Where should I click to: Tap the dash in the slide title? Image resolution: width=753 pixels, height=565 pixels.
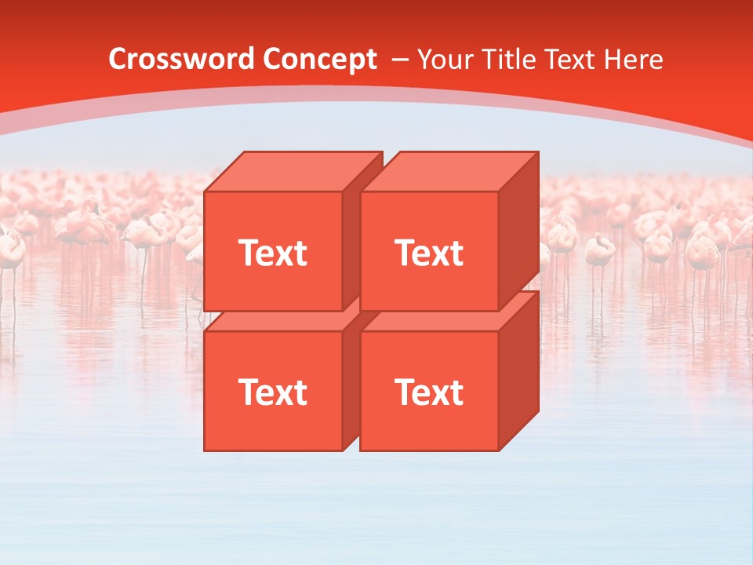click(x=398, y=60)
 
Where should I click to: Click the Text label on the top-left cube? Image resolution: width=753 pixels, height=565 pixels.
click(x=272, y=253)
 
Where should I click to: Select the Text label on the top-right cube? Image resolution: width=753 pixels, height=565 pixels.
click(x=428, y=253)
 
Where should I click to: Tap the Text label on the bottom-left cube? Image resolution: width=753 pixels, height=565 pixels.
click(x=272, y=392)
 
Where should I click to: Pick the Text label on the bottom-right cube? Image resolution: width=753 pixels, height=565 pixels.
click(x=428, y=392)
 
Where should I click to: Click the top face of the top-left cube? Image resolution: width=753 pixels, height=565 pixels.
click(x=294, y=171)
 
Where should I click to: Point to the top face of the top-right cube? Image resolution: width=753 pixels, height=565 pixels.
click(x=450, y=171)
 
